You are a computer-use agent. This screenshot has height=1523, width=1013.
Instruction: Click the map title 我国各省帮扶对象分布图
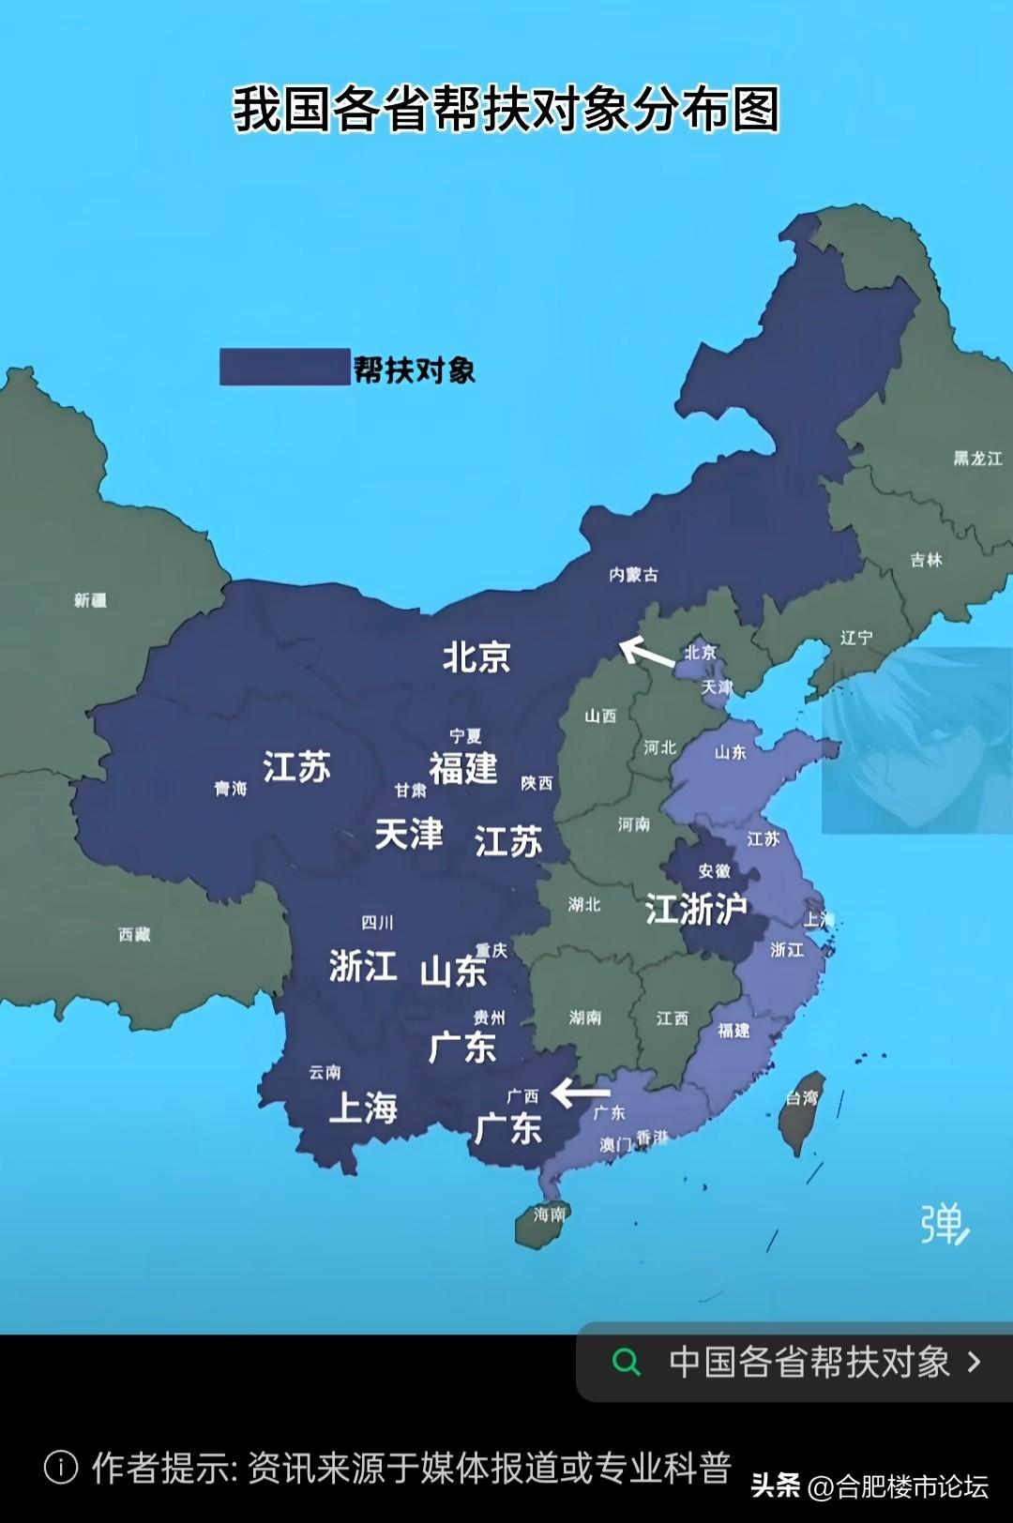(x=506, y=109)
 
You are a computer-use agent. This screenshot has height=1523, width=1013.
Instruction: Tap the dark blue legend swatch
(x=284, y=367)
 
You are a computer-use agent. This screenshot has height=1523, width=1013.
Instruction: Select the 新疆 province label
(x=91, y=600)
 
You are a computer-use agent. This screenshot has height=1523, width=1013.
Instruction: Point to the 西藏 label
(x=134, y=934)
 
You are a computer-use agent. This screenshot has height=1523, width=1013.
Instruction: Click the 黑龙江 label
(x=977, y=459)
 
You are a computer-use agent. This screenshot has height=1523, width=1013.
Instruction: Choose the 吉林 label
(x=926, y=560)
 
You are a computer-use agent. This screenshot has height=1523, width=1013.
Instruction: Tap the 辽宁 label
(x=856, y=638)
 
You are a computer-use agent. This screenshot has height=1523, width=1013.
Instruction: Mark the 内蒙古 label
(x=634, y=574)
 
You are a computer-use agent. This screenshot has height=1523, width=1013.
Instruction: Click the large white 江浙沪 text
(x=696, y=909)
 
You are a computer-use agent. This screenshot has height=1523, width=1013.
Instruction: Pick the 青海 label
(x=231, y=789)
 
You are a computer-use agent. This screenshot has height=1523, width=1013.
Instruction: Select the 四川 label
(x=377, y=923)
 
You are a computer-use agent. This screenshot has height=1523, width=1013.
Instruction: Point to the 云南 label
(x=325, y=1072)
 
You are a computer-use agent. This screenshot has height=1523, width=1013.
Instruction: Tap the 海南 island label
(x=550, y=1214)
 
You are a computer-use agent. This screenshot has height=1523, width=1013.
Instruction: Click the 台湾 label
(x=802, y=1097)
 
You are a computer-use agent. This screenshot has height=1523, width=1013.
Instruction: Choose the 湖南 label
(x=585, y=1018)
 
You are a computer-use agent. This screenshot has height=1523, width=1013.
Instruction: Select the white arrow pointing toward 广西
(x=581, y=1093)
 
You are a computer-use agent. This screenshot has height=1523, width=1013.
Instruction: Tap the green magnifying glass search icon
(x=626, y=1362)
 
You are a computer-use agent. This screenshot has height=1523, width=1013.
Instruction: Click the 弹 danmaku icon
(x=944, y=1224)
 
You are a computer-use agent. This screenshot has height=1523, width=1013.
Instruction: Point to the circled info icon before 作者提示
(x=61, y=1467)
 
